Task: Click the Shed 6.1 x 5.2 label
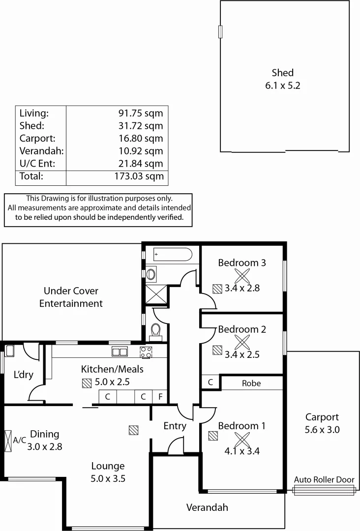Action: coord(282,79)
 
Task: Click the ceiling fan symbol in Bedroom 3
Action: coord(241,275)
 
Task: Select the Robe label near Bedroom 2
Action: coord(251,383)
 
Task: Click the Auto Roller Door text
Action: coord(324,480)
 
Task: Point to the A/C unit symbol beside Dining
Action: coord(8,441)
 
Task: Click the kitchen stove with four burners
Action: coord(147,352)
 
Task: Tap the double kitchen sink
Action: coord(120,352)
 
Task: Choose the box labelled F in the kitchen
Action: coord(160,397)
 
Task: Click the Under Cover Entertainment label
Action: coord(71,297)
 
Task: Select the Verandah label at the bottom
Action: coord(207,507)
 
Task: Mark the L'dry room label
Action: coord(23,375)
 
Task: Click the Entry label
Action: coord(175,426)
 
